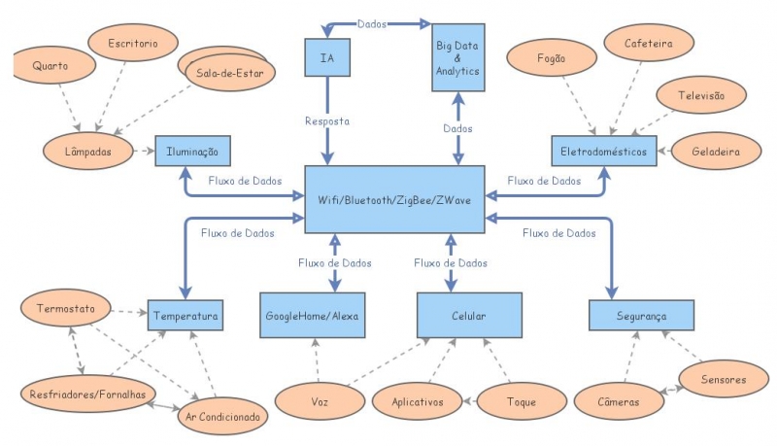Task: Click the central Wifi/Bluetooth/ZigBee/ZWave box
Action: (394, 199)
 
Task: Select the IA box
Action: (326, 57)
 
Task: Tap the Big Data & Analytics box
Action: (456, 58)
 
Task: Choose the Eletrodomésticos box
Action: (603, 151)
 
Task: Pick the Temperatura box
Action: (186, 315)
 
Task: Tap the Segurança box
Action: (641, 315)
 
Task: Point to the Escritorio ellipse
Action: (134, 43)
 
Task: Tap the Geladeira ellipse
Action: (716, 152)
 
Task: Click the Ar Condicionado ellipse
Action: (223, 417)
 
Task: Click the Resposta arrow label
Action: (326, 121)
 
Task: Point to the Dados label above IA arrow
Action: (370, 22)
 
